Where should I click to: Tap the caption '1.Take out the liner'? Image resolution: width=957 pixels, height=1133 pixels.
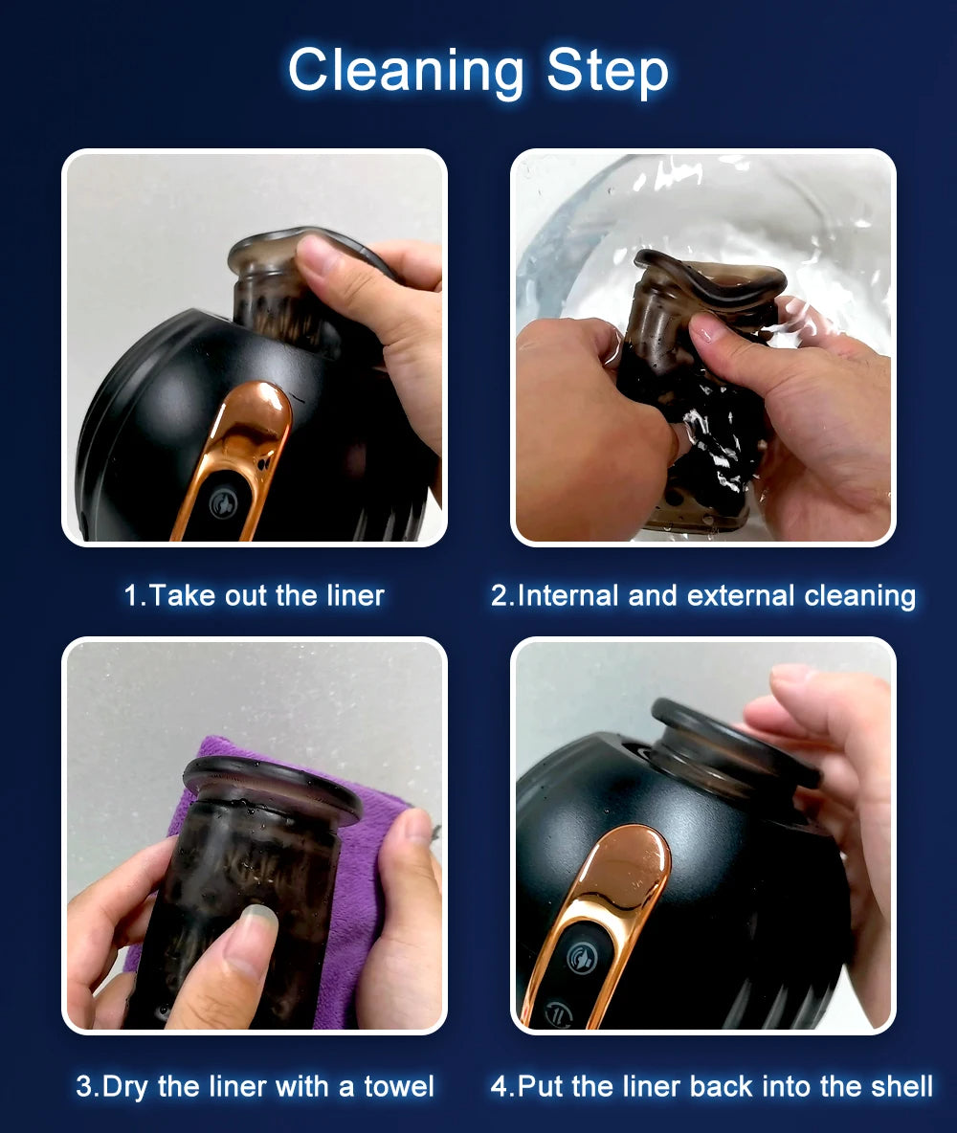[x=254, y=595]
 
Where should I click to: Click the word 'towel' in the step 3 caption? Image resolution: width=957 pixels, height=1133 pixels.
[x=398, y=1086]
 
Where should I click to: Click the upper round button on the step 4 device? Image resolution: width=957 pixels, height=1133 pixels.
[x=581, y=958]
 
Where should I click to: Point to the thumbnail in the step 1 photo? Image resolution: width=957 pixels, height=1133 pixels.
[x=317, y=254]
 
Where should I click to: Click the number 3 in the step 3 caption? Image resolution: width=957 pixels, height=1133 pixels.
[x=84, y=1086]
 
